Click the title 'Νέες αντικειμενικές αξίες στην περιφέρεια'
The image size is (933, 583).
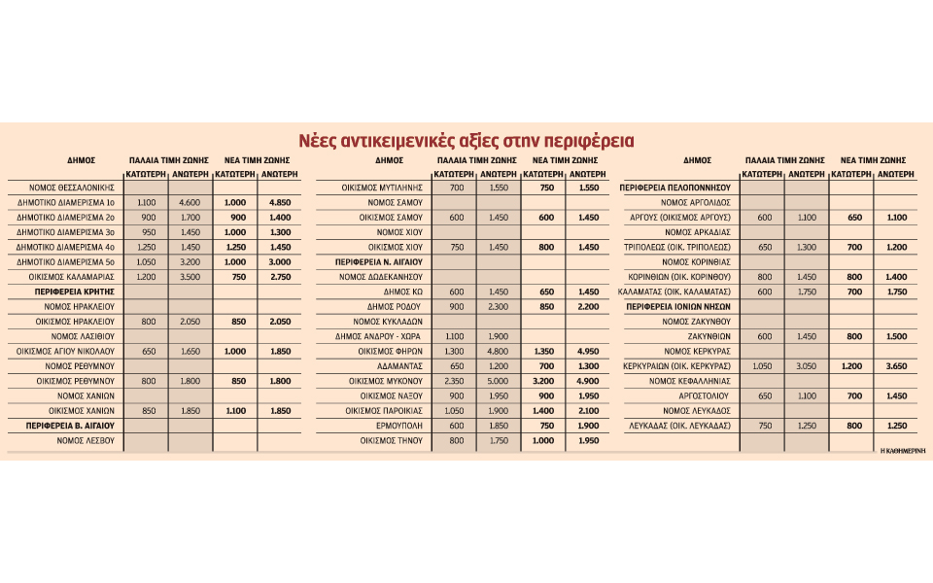466,141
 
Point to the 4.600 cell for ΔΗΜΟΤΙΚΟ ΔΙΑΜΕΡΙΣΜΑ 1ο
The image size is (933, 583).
190,201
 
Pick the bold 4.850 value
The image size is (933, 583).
279,201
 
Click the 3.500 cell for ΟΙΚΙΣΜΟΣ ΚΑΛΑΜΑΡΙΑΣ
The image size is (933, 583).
190,276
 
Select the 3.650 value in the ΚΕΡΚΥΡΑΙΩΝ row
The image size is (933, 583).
896,366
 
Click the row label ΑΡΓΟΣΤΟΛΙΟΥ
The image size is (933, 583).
703,396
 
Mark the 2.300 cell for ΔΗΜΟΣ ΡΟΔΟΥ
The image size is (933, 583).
497,306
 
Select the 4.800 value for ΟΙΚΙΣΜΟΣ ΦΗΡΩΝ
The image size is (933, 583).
497,351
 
